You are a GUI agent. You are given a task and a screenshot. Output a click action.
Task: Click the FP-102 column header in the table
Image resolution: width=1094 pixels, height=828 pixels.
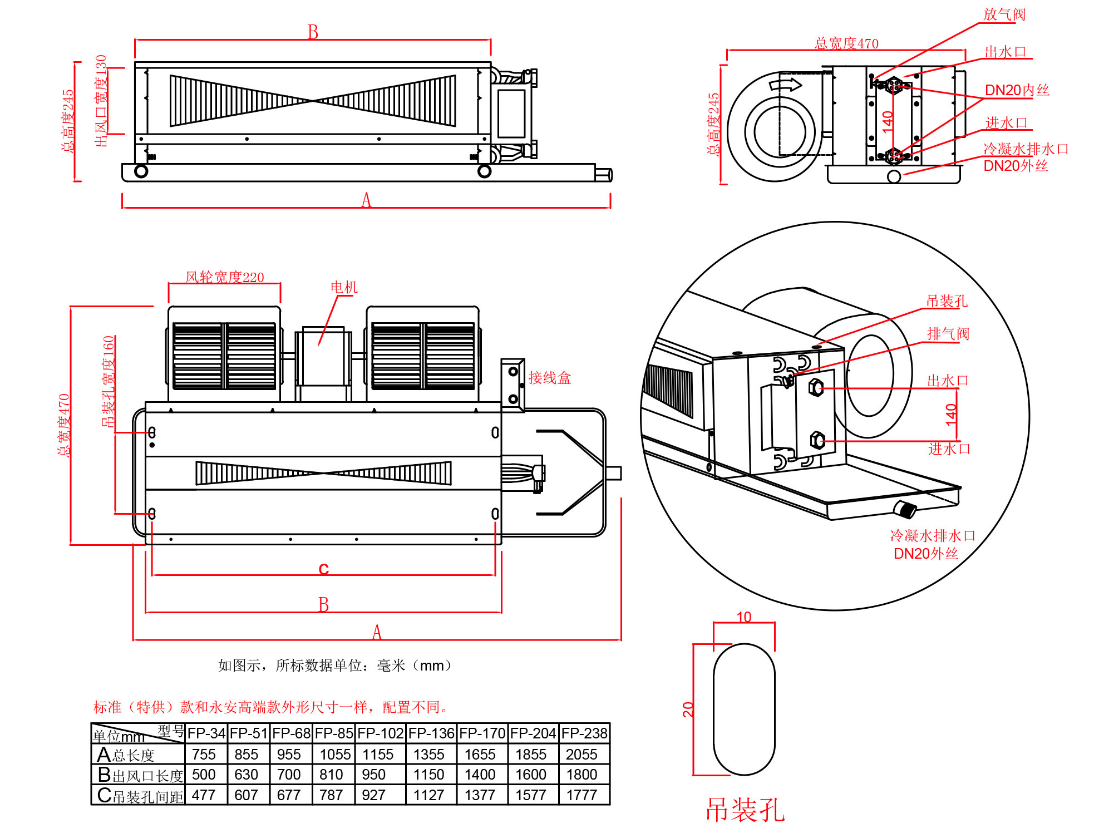(x=381, y=733)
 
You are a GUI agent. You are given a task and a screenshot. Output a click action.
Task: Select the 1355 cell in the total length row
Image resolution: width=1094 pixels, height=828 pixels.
(x=428, y=755)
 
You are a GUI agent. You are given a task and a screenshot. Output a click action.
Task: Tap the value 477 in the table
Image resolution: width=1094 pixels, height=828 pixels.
(x=204, y=795)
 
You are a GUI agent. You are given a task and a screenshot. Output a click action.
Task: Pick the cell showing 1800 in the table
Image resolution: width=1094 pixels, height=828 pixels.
(x=582, y=775)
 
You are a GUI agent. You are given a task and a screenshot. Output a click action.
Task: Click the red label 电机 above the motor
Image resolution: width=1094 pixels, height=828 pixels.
(x=344, y=287)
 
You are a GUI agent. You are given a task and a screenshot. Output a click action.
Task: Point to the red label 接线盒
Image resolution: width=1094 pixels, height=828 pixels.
(x=549, y=378)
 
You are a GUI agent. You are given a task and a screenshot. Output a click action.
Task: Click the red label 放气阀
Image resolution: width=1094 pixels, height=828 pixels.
(x=1004, y=14)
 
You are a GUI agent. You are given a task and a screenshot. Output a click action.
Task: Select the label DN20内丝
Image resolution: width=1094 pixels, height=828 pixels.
(x=1017, y=90)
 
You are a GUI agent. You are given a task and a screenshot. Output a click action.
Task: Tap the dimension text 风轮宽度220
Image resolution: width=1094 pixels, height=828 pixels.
(x=224, y=277)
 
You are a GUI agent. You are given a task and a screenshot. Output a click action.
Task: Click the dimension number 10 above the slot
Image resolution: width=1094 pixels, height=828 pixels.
(x=744, y=617)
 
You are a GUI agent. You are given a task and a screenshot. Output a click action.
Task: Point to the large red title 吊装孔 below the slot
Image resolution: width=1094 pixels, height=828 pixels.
(x=745, y=810)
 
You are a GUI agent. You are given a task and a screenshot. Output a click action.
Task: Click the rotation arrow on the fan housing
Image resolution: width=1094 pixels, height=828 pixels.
(x=785, y=85)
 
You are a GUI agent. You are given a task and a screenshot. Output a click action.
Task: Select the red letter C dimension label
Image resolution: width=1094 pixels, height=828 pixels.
(x=324, y=569)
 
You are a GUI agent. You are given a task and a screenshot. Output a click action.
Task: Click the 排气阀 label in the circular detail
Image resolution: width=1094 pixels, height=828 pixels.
(x=948, y=334)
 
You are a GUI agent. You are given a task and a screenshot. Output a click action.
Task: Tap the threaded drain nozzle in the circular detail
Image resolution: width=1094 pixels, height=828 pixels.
(x=905, y=509)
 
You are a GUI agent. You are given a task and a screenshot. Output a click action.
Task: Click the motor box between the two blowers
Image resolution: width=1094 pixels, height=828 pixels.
(x=323, y=358)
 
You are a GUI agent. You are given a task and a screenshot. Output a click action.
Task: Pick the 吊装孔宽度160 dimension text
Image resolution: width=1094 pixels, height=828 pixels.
(x=108, y=381)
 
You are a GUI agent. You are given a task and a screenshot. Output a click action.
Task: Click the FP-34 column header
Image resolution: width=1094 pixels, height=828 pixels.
(x=206, y=733)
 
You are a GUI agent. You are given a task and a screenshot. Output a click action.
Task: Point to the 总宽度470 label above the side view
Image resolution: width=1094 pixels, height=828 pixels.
(x=846, y=43)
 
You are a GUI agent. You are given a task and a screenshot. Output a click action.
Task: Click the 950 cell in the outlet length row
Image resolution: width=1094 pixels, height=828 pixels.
(x=373, y=775)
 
